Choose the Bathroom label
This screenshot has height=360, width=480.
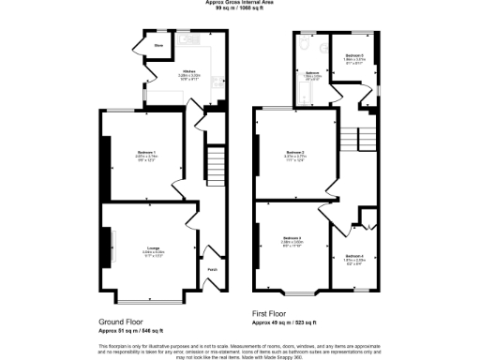click(x=311, y=72)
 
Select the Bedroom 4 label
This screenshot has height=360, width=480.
click(x=353, y=256)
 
